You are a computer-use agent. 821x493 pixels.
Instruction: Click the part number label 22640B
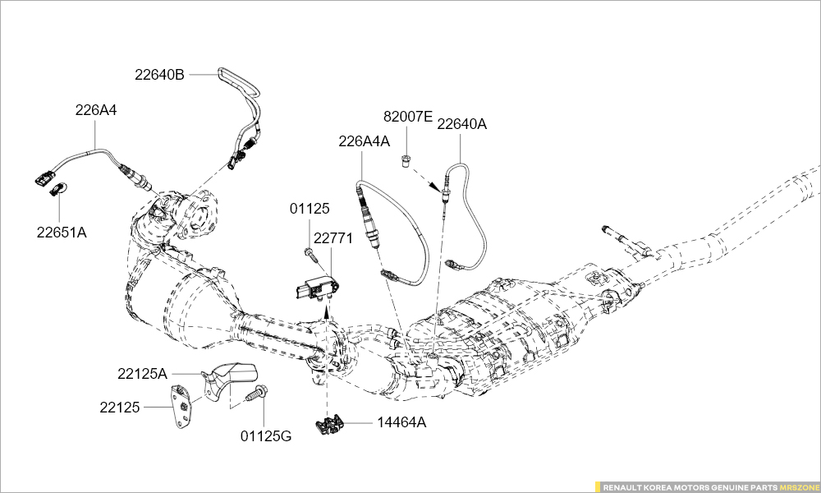159,74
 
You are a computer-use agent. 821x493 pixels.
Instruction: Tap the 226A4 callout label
96,109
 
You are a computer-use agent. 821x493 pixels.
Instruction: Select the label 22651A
61,232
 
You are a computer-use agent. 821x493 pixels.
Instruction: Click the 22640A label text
461,124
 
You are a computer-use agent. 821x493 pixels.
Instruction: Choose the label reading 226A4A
364,141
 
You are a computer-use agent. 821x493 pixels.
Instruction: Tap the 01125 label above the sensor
310,210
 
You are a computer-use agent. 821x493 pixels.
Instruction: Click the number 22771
333,238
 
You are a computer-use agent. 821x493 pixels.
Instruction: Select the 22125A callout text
142,373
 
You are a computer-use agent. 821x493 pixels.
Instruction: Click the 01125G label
266,435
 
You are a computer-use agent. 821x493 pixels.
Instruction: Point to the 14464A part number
401,423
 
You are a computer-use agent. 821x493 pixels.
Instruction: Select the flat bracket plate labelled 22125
183,406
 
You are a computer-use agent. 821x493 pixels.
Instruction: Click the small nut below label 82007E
406,159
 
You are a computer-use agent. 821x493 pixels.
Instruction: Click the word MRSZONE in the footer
799,486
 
